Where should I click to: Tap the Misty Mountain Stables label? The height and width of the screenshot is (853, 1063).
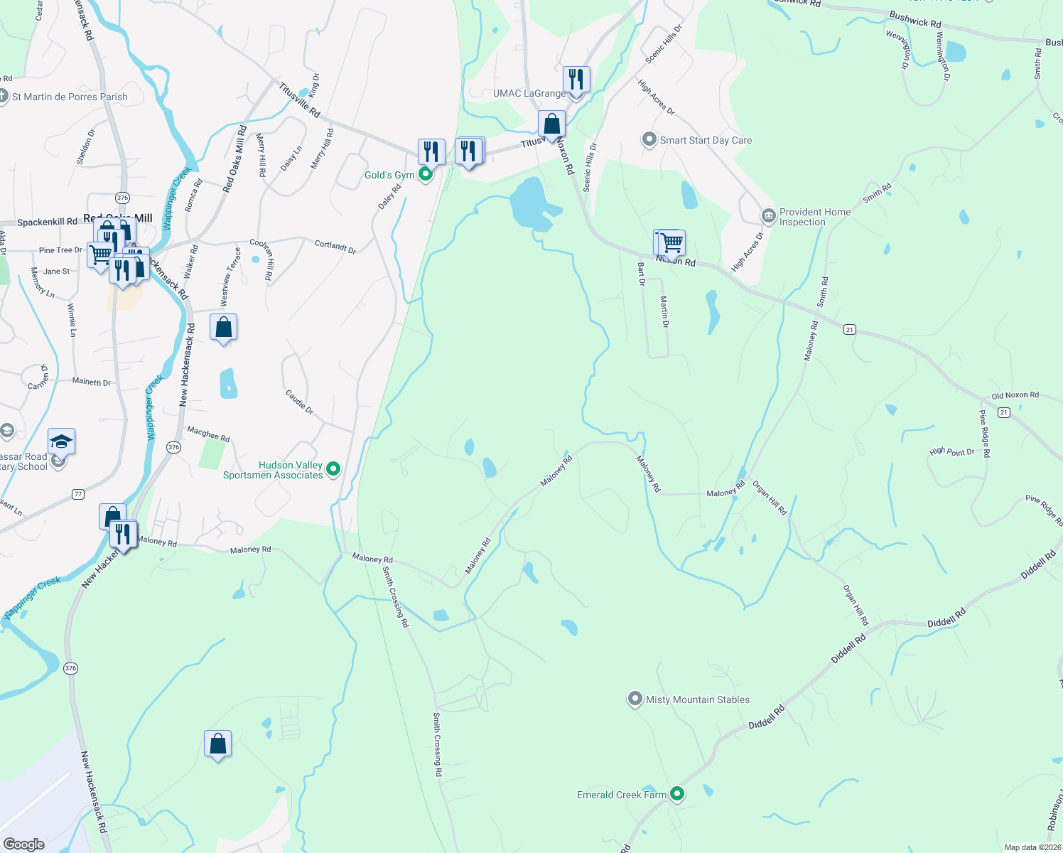(697, 699)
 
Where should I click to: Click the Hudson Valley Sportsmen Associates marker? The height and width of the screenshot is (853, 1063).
(333, 468)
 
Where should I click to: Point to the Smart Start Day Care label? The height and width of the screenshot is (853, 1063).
(705, 140)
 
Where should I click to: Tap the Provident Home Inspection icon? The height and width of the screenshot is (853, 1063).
(768, 215)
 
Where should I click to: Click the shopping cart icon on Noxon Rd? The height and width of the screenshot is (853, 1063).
(671, 243)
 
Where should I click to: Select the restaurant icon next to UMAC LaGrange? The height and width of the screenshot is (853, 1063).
(576, 80)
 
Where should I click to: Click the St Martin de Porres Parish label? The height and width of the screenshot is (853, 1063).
(70, 97)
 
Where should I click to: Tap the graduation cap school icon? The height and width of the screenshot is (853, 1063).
(61, 442)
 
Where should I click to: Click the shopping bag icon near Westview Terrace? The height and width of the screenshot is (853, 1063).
(224, 328)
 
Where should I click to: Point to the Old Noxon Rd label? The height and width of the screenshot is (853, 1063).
(1015, 395)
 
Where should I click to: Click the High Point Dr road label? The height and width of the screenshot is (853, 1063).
(951, 451)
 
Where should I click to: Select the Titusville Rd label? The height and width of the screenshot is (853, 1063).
(299, 100)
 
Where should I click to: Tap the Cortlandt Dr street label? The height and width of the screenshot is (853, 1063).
(335, 246)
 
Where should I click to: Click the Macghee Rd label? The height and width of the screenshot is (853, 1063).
(208, 434)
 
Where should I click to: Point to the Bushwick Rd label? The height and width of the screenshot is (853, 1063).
(914, 20)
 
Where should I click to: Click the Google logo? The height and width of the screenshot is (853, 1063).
(24, 844)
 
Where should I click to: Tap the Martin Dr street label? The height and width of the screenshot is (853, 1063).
(665, 312)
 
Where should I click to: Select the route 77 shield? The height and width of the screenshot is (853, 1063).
(78, 494)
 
